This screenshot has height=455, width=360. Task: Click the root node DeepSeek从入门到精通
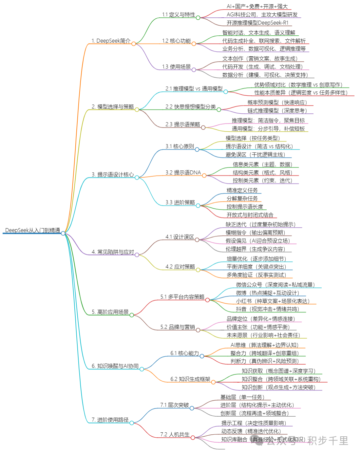(32, 230)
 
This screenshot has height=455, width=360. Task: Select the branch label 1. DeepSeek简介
(111, 41)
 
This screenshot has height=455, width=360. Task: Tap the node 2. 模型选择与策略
(113, 106)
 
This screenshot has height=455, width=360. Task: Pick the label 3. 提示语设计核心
(113, 174)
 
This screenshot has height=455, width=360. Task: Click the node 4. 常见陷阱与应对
(113, 252)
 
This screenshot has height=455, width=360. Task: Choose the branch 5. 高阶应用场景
(110, 312)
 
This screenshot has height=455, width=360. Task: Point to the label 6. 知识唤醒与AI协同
(115, 366)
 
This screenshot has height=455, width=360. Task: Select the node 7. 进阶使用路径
(110, 420)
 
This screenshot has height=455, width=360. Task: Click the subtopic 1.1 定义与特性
(179, 15)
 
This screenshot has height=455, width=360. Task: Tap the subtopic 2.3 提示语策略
(183, 124)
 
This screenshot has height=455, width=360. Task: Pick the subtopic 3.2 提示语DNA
(183, 172)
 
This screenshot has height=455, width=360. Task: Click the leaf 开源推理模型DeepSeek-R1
(257, 23)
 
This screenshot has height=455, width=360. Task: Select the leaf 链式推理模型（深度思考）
(277, 110)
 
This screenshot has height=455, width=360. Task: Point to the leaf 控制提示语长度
(245, 206)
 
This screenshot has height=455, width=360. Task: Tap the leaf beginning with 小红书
(273, 301)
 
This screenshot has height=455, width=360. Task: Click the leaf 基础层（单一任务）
(242, 397)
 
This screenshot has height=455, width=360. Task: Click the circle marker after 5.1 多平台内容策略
(207, 300)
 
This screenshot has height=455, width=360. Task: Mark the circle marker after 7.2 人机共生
(193, 437)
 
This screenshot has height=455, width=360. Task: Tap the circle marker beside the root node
(63, 233)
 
